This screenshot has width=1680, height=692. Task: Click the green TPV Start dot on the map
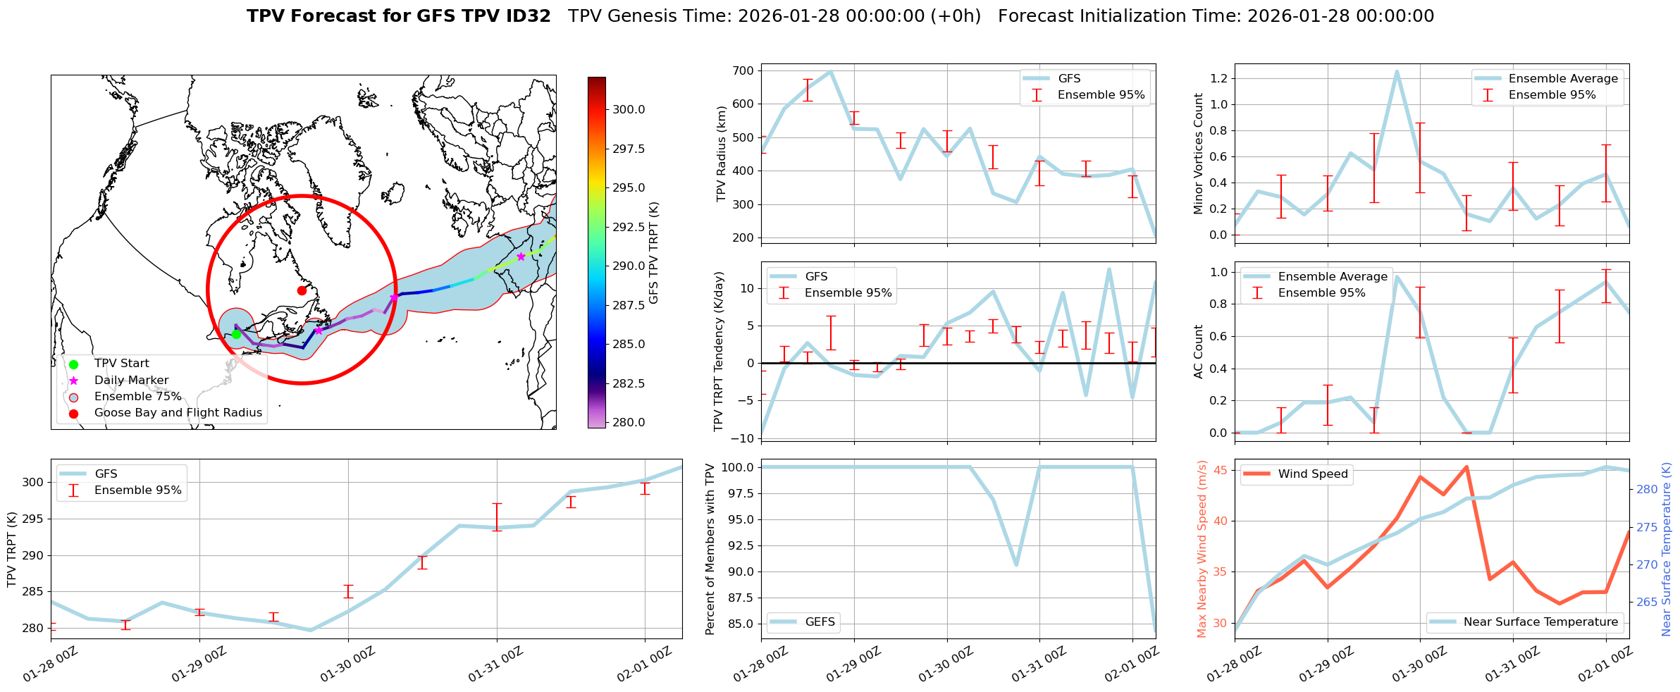pos(236,334)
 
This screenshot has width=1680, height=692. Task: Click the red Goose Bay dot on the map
pos(302,290)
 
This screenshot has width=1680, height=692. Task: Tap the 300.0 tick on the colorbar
pos(629,109)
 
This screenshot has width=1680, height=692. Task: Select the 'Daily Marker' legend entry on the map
pos(131,381)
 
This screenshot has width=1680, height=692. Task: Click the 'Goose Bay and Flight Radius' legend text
pos(178,413)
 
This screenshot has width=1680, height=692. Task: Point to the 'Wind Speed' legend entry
pos(1312,474)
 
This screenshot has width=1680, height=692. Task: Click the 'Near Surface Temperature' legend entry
pos(1540,622)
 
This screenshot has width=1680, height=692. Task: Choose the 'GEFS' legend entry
pos(820,622)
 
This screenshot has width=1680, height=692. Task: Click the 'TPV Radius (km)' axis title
pos(721,154)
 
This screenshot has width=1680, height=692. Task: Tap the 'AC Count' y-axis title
pos(1199,352)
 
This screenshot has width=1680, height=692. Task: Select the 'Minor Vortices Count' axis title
pos(1199,154)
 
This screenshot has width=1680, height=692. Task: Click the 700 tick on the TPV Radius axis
pos(743,70)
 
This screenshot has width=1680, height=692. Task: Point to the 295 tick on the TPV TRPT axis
pos(34,519)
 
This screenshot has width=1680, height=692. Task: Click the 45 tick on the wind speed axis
pos(1220,471)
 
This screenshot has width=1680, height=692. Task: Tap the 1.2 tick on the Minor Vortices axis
pos(1218,78)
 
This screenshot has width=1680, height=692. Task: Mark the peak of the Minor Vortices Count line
pos(1397,71)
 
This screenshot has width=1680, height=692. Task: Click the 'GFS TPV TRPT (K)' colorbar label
pos(654,252)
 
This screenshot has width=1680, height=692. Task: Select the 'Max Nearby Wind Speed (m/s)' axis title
pos(1202,549)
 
